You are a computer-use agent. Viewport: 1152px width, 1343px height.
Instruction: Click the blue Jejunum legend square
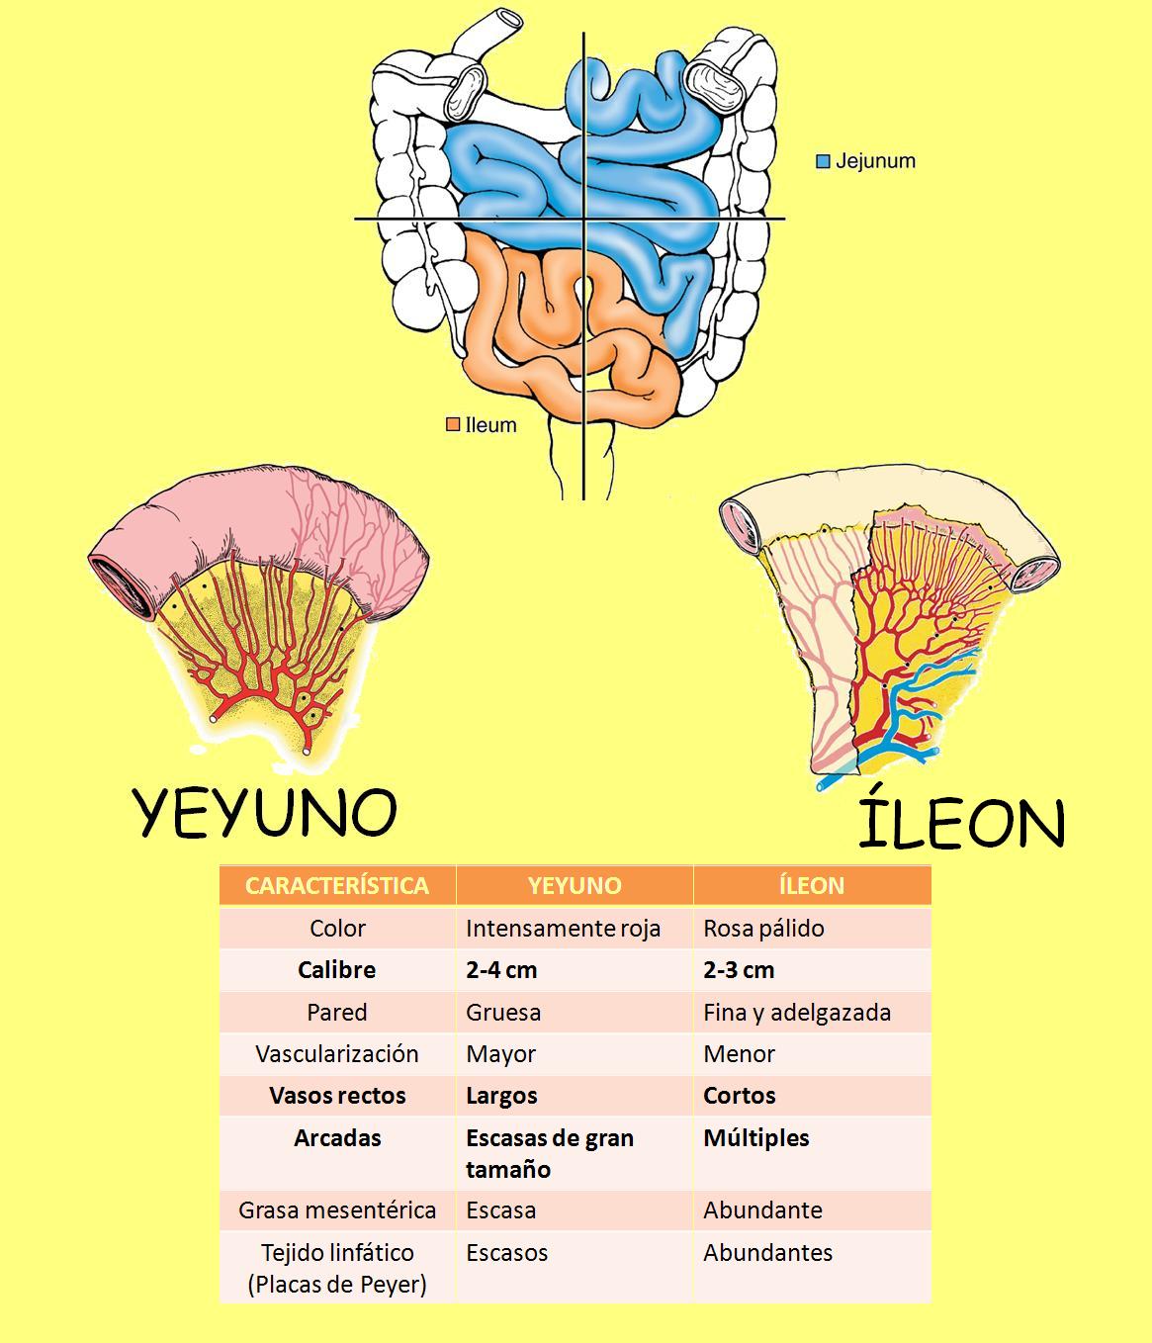point(823,161)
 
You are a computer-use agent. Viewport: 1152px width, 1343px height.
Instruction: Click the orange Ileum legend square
point(453,425)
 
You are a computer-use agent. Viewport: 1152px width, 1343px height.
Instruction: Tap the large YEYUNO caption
point(265,813)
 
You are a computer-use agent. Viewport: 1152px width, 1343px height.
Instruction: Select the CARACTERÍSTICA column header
point(337,885)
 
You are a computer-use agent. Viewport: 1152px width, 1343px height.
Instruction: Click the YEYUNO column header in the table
point(575,885)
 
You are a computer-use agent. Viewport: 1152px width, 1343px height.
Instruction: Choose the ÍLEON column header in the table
point(812,885)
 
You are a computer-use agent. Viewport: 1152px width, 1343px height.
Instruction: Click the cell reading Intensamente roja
point(563,929)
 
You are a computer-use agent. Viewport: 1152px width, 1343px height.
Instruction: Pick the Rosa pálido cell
point(763,929)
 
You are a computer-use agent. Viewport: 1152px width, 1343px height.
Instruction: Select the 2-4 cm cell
point(501,970)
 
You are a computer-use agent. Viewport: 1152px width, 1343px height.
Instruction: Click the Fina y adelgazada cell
point(797,1013)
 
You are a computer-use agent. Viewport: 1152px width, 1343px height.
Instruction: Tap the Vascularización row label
point(337,1054)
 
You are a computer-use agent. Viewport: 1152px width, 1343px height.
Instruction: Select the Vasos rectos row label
point(337,1096)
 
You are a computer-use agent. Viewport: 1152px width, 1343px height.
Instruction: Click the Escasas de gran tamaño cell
point(549,1153)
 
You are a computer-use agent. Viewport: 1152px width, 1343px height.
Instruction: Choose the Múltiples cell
point(756,1138)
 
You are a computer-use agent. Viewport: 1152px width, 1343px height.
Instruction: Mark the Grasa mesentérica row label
point(337,1210)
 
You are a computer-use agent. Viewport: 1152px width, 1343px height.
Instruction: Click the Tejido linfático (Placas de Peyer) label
point(337,1268)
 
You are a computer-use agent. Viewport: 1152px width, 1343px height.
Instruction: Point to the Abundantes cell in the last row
point(768,1253)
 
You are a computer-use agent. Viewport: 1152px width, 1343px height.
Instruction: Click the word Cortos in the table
point(740,1096)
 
